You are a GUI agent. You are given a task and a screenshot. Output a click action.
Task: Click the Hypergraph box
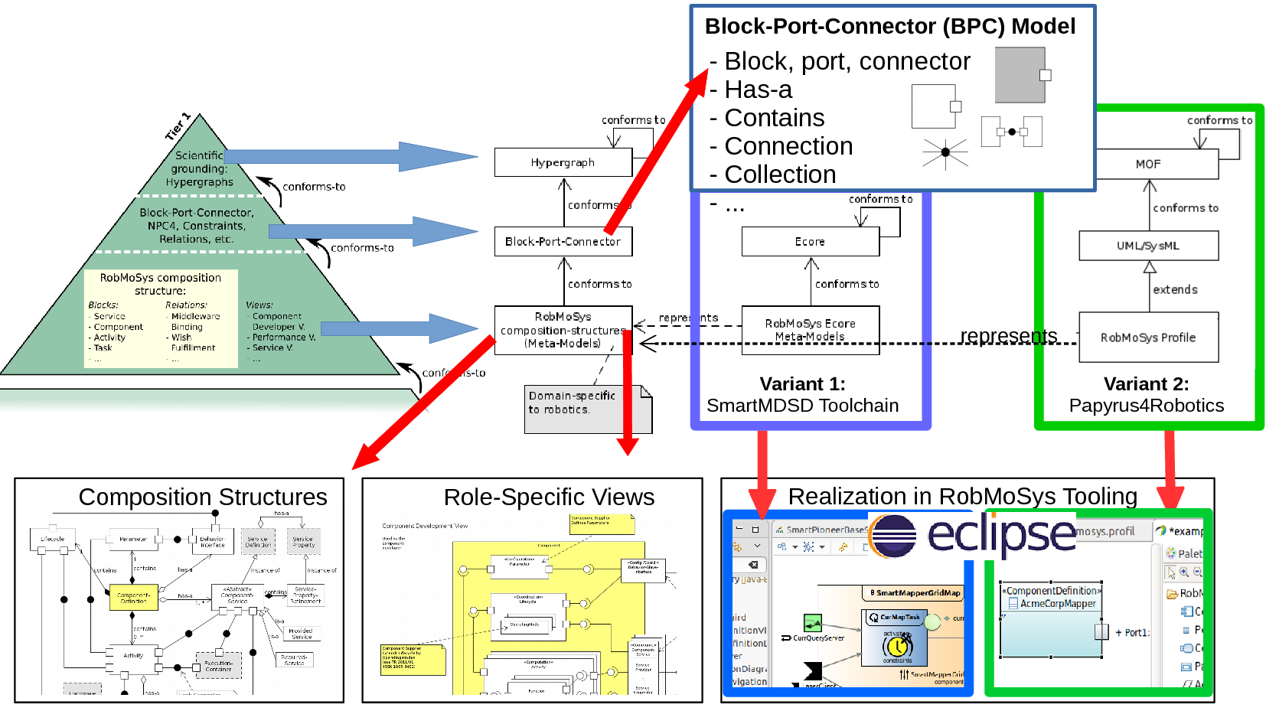tap(563, 162)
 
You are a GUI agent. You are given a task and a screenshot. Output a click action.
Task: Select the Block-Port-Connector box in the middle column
tap(563, 241)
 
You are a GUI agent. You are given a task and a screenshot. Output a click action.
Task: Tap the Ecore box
tap(810, 242)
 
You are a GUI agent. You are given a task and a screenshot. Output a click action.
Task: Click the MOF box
tap(1148, 164)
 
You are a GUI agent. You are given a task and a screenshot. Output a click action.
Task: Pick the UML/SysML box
tap(1148, 246)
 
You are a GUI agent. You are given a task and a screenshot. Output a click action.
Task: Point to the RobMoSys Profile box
tap(1148, 338)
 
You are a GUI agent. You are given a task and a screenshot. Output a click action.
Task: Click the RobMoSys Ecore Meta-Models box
tap(810, 330)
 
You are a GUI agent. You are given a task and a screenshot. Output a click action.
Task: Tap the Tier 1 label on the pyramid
tap(178, 126)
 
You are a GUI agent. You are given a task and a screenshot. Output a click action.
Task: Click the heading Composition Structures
tap(203, 497)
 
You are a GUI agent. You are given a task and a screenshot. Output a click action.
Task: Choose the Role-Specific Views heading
tap(549, 497)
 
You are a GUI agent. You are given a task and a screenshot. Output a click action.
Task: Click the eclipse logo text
tap(1001, 533)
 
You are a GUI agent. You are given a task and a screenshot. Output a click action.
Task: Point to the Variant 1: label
tap(802, 384)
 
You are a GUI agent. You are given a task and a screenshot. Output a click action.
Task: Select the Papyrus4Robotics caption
tap(1146, 406)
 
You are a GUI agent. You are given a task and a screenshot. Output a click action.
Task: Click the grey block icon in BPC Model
tap(1020, 75)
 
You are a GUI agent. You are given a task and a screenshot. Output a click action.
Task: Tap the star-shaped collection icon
tap(945, 153)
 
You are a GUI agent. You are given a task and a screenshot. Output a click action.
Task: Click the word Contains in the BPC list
tap(775, 118)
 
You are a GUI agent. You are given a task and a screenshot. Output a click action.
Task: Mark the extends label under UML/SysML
tap(1175, 289)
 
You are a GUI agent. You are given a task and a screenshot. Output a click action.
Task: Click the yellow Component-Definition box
tap(133, 597)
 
